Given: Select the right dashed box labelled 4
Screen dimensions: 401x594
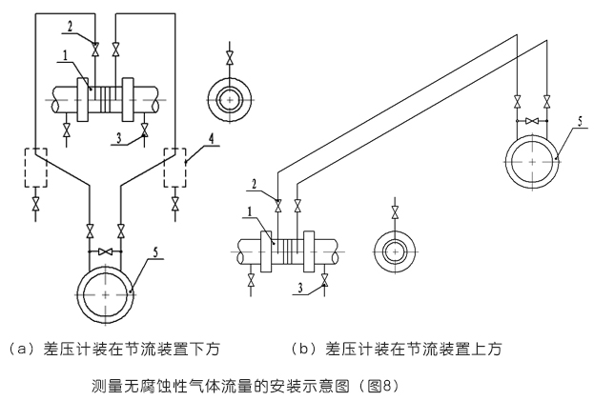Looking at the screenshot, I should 176,170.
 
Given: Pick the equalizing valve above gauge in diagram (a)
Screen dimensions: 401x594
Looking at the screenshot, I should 105,251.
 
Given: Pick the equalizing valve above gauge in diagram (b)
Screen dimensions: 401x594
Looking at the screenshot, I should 532,122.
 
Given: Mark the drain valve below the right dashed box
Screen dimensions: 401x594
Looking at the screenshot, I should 176,204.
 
